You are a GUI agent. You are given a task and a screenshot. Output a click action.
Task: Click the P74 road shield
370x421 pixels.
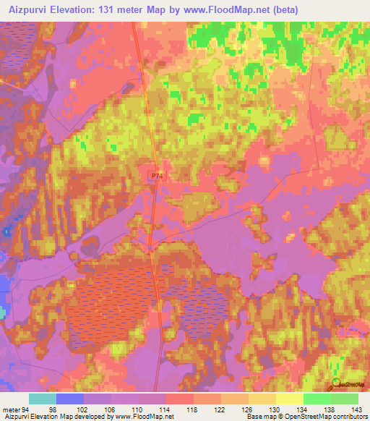pyautogui.click(x=158, y=176)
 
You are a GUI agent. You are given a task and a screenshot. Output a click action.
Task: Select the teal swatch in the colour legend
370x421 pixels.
pyautogui.click(x=43, y=399)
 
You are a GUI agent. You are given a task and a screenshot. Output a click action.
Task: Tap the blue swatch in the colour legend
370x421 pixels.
pyautogui.click(x=70, y=399)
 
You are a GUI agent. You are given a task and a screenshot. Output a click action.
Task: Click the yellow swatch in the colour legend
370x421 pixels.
pyautogui.click(x=290, y=399)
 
